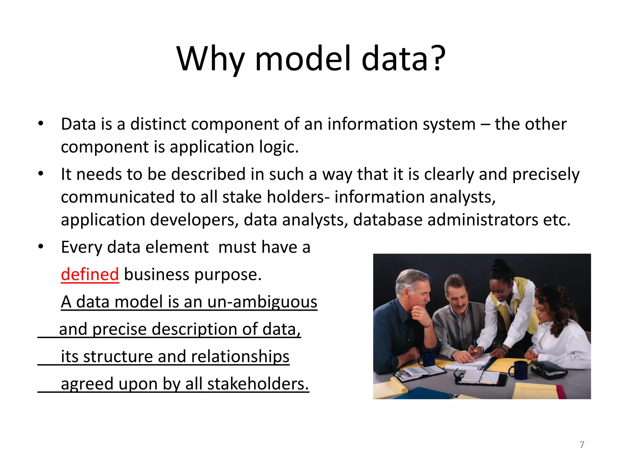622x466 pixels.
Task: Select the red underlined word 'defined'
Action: [x=90, y=275]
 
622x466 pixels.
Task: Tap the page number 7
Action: [x=582, y=445]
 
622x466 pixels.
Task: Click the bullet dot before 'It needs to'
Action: [x=41, y=174]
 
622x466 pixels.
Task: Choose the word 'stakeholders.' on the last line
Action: [x=258, y=384]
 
